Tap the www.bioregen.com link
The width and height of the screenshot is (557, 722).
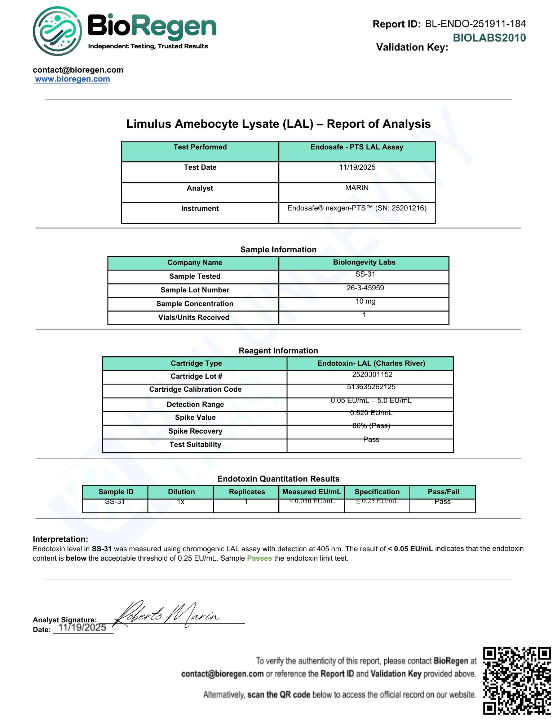coord(72,79)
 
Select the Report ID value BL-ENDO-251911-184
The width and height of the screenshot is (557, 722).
coord(475,24)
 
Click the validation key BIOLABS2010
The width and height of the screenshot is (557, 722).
coord(489,38)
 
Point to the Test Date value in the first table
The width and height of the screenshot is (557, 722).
coord(357,168)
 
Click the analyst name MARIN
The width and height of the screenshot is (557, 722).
coord(357,188)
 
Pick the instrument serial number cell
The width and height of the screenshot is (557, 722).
coord(357,208)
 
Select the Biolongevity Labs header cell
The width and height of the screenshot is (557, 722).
coord(364,262)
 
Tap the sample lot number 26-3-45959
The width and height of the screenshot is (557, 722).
coord(365,288)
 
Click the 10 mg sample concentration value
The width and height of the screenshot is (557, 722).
coord(365,301)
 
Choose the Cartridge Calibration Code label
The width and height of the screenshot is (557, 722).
coord(195,390)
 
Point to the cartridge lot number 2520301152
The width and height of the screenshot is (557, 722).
coord(372,375)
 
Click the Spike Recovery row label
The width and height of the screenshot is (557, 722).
coord(195,431)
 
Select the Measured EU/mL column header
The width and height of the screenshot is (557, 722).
coord(311,492)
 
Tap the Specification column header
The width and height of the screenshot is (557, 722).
coord(377,492)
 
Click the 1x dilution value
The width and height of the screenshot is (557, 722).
coord(181,502)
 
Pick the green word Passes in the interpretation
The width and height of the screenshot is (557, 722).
coord(259,558)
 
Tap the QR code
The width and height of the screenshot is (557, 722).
coord(517,681)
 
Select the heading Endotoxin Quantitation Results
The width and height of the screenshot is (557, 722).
coord(278,479)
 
